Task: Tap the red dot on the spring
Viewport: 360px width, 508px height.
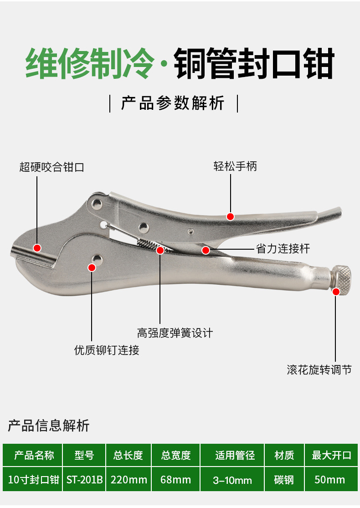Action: [x=160, y=250]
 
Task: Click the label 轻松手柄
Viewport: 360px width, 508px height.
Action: [x=235, y=166]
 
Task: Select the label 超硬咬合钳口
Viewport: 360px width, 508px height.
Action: [x=52, y=167]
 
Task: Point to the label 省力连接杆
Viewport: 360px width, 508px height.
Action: [x=283, y=248]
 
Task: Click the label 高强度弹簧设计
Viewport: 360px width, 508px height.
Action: [x=175, y=333]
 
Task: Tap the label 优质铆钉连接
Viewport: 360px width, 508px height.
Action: [x=107, y=350]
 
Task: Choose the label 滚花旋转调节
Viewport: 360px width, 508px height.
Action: [x=319, y=369]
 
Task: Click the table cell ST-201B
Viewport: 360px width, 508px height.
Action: [x=84, y=479]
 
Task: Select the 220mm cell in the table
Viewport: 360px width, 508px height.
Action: [x=129, y=479]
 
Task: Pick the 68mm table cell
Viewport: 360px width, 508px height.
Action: [x=176, y=479]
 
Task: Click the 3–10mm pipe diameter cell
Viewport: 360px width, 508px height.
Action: [x=232, y=480]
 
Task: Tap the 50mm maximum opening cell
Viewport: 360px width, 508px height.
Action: [x=330, y=479]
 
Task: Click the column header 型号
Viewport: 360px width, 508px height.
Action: [x=84, y=455]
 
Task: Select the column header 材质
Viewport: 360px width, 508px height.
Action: [x=284, y=455]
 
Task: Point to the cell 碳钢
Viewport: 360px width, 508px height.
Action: [x=284, y=479]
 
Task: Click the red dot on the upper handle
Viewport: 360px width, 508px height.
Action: [x=231, y=216]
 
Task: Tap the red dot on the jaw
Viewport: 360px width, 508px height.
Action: [x=37, y=248]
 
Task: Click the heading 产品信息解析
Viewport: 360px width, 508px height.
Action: [x=49, y=426]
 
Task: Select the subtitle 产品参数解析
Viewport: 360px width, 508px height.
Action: [x=173, y=103]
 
